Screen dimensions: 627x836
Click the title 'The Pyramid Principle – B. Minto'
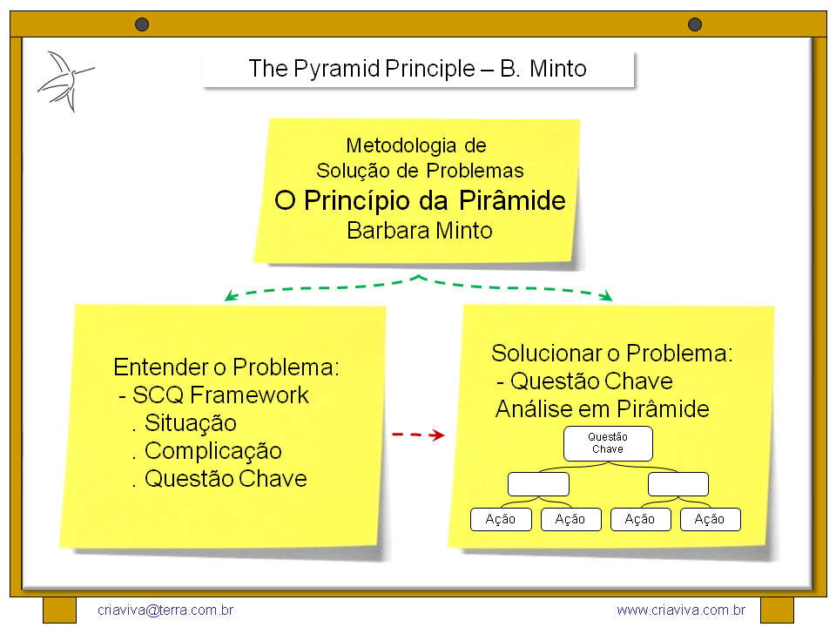pyautogui.click(x=418, y=69)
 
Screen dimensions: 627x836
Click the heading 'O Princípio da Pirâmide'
pyautogui.click(x=420, y=201)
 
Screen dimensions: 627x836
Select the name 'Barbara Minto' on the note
pyautogui.click(x=420, y=231)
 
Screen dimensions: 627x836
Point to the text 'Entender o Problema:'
pyautogui.click(x=226, y=367)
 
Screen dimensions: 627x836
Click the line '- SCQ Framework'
pyautogui.click(x=213, y=395)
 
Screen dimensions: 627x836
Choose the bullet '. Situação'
pyautogui.click(x=184, y=423)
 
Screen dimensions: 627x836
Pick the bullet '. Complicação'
pyautogui.click(x=206, y=451)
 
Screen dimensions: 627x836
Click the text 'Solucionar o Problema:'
pyautogui.click(x=612, y=354)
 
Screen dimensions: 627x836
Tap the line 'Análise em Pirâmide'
pyautogui.click(x=603, y=409)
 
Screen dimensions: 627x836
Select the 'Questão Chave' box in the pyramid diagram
pyautogui.click(x=608, y=443)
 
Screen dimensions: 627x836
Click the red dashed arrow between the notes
pyautogui.click(x=418, y=435)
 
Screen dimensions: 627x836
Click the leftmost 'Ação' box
pyautogui.click(x=501, y=520)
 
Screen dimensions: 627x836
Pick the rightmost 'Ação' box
pyautogui.click(x=710, y=520)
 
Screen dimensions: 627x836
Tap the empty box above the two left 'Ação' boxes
pyautogui.click(x=538, y=484)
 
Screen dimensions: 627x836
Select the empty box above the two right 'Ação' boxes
pyautogui.click(x=678, y=484)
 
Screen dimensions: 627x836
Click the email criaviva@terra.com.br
pyautogui.click(x=165, y=610)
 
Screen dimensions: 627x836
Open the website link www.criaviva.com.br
pyautogui.click(x=681, y=610)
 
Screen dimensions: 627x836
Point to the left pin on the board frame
pyautogui.click(x=142, y=24)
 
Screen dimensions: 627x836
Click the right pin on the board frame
pyautogui.click(x=694, y=24)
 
